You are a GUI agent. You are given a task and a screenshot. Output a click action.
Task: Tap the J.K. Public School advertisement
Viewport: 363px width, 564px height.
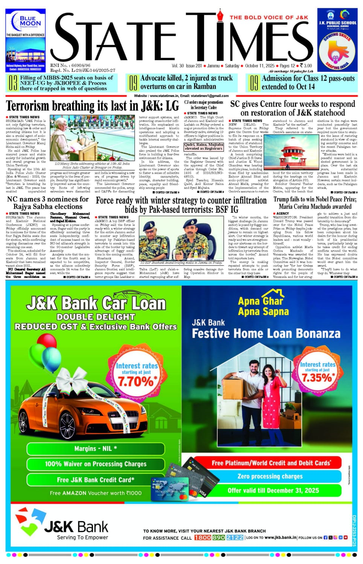click(337, 40)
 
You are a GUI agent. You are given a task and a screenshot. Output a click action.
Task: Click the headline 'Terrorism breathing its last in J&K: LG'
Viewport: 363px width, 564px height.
click(92, 106)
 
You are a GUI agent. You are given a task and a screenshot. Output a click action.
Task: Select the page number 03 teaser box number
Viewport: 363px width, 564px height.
click(13, 83)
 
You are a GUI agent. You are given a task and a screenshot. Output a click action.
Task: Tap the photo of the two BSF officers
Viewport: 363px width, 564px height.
click(181, 238)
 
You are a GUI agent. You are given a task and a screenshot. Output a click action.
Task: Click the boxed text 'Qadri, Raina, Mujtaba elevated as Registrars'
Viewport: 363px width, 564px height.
click(203, 146)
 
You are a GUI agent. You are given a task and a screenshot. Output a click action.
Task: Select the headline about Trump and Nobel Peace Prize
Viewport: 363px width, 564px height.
click(315, 203)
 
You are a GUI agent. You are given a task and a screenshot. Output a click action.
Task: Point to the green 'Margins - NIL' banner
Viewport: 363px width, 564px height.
click(95, 448)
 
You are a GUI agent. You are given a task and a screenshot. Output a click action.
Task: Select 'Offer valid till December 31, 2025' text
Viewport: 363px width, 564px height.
click(273, 490)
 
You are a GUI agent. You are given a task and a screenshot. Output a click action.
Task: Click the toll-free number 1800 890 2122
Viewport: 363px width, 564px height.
click(219, 537)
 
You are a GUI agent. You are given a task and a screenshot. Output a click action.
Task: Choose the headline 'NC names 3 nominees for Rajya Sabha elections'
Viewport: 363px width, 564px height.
click(48, 203)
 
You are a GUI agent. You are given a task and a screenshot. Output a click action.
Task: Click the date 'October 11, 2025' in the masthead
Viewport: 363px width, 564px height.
click(260, 66)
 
